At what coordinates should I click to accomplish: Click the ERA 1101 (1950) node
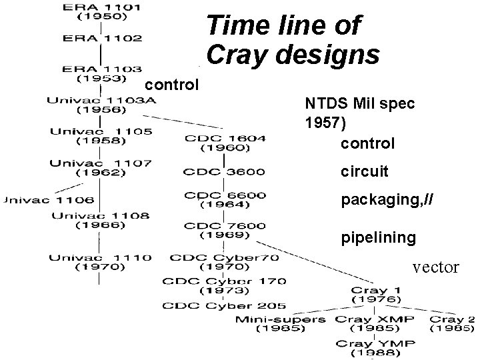[x=101, y=11]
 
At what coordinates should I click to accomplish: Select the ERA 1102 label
[x=101, y=38]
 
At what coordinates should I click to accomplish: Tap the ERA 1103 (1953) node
[x=101, y=73]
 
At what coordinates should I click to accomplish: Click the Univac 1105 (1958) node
[x=101, y=136]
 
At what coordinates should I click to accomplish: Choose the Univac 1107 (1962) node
[x=101, y=167]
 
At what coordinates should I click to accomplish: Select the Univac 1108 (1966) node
[x=101, y=220]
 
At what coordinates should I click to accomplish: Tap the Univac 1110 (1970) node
[x=101, y=261]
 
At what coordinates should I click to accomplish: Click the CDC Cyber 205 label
[x=224, y=306]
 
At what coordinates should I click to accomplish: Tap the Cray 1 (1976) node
[x=376, y=295]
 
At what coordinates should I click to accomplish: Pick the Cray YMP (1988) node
[x=375, y=347]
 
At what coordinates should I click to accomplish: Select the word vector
[x=435, y=267]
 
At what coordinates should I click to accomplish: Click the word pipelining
[x=379, y=237]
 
